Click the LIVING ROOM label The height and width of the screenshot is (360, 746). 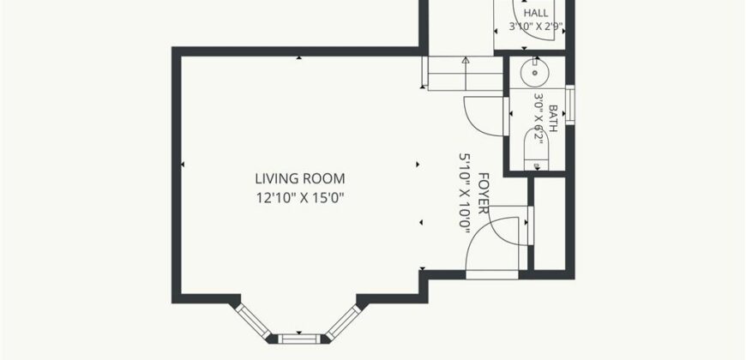pyautogui.click(x=300, y=179)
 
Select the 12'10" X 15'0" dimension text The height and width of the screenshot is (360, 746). pyautogui.click(x=300, y=197)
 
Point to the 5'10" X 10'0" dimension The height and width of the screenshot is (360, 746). pyautogui.click(x=465, y=193)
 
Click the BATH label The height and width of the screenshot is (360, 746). pyautogui.click(x=553, y=118)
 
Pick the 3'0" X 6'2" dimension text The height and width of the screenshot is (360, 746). pyautogui.click(x=538, y=118)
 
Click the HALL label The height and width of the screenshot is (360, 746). pyautogui.click(x=536, y=13)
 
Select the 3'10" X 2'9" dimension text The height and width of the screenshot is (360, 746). pyautogui.click(x=536, y=27)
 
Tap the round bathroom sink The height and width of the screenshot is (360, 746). pyautogui.click(x=535, y=72)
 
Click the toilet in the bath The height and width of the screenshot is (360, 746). pyautogui.click(x=536, y=149)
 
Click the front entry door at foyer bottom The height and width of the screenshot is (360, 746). pyautogui.click(x=492, y=274)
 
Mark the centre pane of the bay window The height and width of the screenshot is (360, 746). pyautogui.click(x=299, y=339)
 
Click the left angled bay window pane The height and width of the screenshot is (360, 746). pyautogui.click(x=253, y=321)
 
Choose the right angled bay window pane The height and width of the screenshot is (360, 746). pyautogui.click(x=344, y=322)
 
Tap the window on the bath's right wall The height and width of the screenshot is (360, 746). pyautogui.click(x=570, y=105)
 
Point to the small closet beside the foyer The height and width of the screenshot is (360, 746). pyautogui.click(x=550, y=224)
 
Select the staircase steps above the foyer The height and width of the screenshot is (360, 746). pyautogui.click(x=466, y=73)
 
